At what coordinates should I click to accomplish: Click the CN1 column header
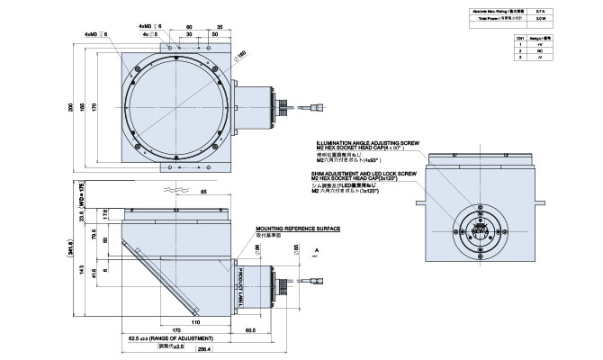click(520, 40)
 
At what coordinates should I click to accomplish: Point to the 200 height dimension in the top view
click(73, 107)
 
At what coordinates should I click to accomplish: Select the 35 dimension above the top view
click(220, 28)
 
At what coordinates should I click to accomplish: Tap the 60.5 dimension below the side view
click(248, 329)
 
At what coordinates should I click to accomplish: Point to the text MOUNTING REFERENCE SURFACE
click(297, 229)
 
